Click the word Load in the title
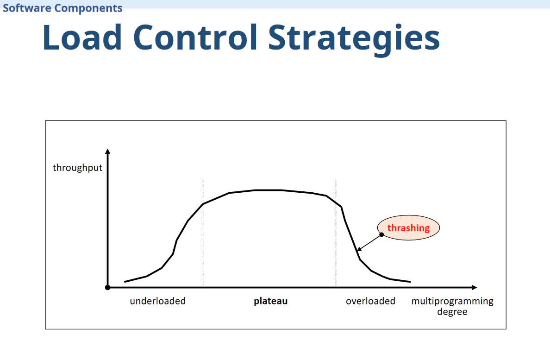coord(82,37)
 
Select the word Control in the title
coord(195,37)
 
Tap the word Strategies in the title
coord(354,39)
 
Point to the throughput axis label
coord(77,168)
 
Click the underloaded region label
coord(158,301)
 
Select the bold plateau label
coord(271,302)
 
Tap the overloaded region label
coord(370,301)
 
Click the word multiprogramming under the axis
coord(452,302)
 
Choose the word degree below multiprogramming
coord(452,312)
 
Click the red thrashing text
coord(408,228)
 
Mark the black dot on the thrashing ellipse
coord(381,234)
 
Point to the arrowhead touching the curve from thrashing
coord(359,249)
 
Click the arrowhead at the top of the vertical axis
coord(108,151)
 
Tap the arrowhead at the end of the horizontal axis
coord(474,287)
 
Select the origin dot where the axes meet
coord(108,287)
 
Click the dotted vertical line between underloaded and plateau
coord(203,233)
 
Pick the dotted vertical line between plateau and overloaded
coord(336,233)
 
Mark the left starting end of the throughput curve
coord(125,281)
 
